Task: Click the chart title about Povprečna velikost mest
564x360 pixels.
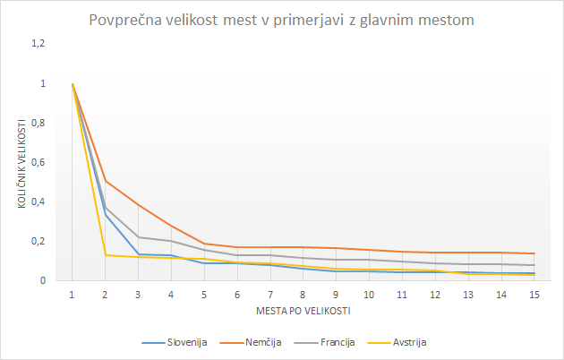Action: [282, 20]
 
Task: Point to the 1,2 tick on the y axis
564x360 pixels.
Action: [38, 44]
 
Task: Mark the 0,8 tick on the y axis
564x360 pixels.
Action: [38, 123]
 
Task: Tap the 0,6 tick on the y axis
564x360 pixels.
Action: [38, 162]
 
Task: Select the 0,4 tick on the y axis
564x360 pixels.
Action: [38, 201]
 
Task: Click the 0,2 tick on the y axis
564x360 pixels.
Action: [38, 241]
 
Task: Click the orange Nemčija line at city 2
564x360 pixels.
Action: [105, 181]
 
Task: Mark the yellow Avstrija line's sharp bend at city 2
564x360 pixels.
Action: [105, 255]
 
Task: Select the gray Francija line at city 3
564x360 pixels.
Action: [138, 237]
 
